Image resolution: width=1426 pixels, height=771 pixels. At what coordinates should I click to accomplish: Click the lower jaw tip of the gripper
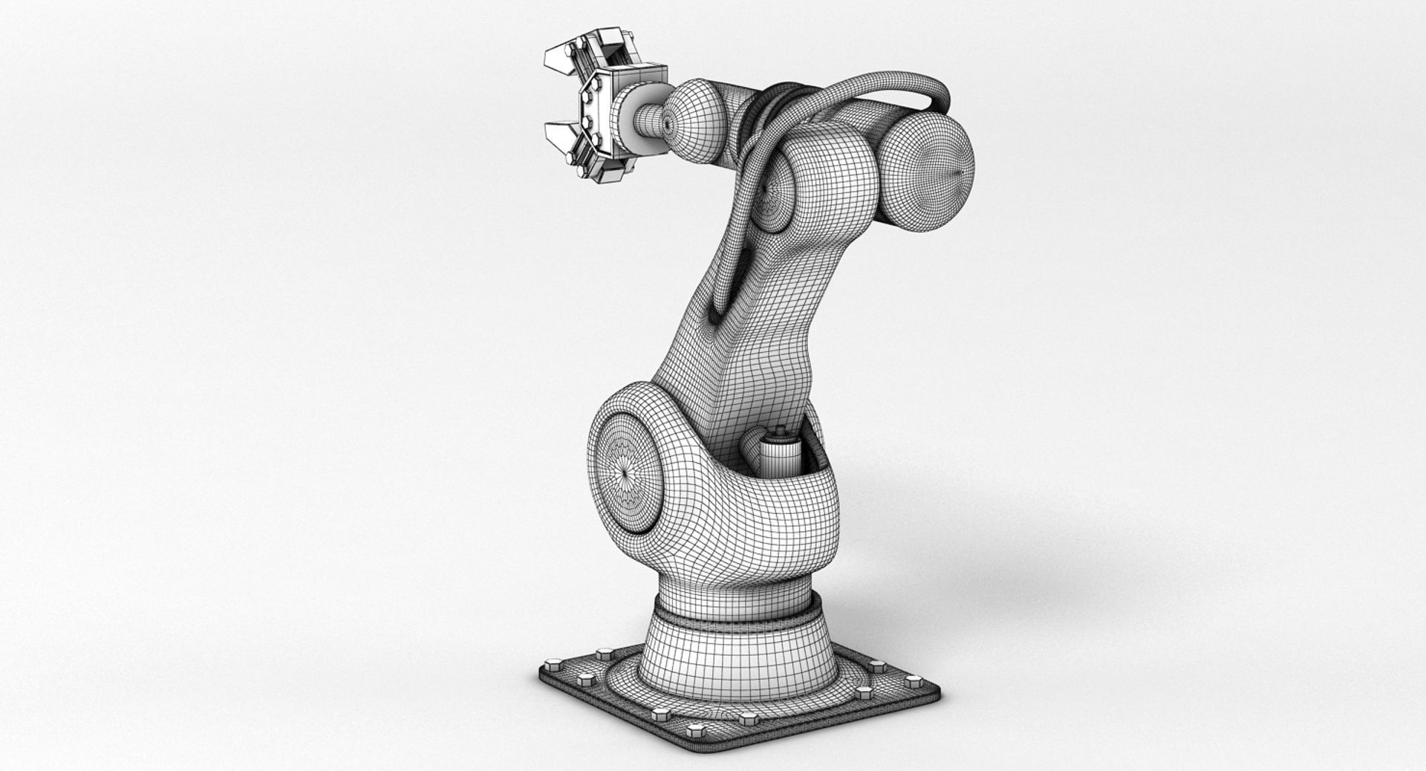(554, 134)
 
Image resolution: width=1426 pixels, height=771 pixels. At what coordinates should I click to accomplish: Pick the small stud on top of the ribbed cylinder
(781, 430)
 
